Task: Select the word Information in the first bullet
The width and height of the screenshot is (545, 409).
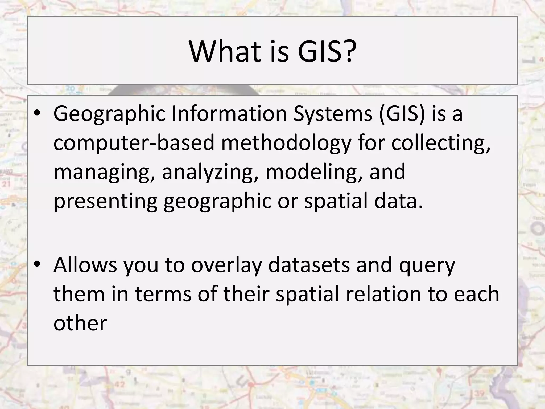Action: pos(229,114)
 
